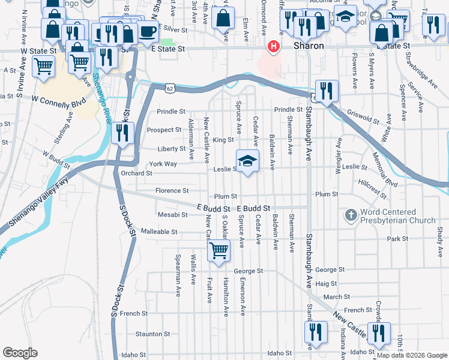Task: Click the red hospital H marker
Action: pyautogui.click(x=274, y=46)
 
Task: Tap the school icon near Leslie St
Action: pyautogui.click(x=247, y=161)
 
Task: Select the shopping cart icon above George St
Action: pyautogui.click(x=218, y=250)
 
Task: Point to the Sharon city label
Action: pyautogui.click(x=309, y=46)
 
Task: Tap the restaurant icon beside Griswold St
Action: pyautogui.click(x=326, y=91)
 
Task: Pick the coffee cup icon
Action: pyautogui.click(x=147, y=32)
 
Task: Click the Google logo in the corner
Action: pyautogui.click(x=20, y=353)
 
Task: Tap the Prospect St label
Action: pyautogui.click(x=164, y=130)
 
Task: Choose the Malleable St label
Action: pyautogui.click(x=158, y=231)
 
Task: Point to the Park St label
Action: pyautogui.click(x=397, y=239)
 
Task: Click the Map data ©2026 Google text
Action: pyautogui.click(x=412, y=355)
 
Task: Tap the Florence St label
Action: pyautogui.click(x=172, y=191)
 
